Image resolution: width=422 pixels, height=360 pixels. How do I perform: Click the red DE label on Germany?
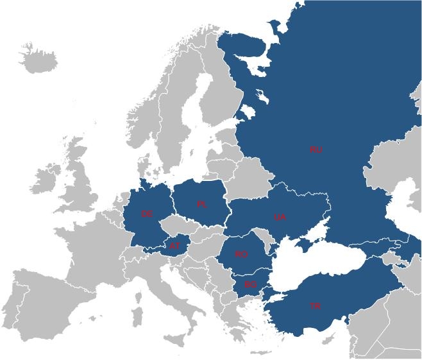tap(147, 214)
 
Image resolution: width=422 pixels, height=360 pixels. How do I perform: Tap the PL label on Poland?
tap(202, 205)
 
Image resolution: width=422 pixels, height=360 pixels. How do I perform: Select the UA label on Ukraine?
tap(280, 218)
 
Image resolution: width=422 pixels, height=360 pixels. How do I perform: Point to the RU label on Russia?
tap(316, 150)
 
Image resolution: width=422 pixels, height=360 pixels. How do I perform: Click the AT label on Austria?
tap(175, 244)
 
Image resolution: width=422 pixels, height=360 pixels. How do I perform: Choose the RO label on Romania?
tap(241, 255)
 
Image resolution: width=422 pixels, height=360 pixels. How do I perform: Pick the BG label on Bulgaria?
tap(250, 284)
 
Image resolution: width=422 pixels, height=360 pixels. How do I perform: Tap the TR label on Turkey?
tap(315, 305)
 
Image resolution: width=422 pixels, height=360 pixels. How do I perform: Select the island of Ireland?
tap(46, 179)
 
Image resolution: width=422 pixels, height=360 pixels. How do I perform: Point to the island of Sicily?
tap(174, 339)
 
